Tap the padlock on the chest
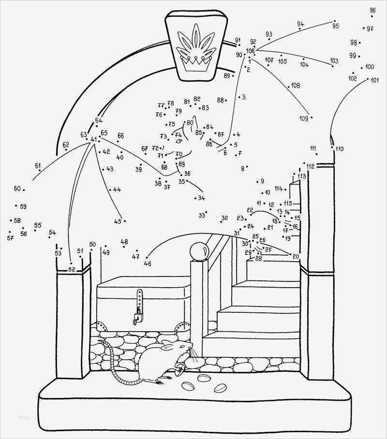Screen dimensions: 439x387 pyautogui.click(x=137, y=317)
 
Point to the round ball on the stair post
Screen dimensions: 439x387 pyautogui.click(x=198, y=251)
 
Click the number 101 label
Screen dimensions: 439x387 pyautogui.click(x=374, y=81)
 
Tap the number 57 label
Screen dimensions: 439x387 pyautogui.click(x=10, y=238)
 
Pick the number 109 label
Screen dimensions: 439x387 pyautogui.click(x=304, y=118)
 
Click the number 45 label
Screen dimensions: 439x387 pyautogui.click(x=118, y=221)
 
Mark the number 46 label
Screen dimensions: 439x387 pyautogui.click(x=148, y=263)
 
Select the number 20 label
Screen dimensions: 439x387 pyautogui.click(x=296, y=256)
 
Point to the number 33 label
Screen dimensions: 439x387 pyautogui.click(x=202, y=215)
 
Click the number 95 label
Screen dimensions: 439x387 pyautogui.click(x=335, y=27)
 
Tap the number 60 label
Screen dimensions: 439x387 pyautogui.click(x=17, y=189)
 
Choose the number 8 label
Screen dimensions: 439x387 pyautogui.click(x=243, y=169)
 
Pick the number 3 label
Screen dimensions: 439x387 pyautogui.click(x=244, y=97)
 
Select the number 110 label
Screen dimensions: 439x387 pyautogui.click(x=339, y=148)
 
